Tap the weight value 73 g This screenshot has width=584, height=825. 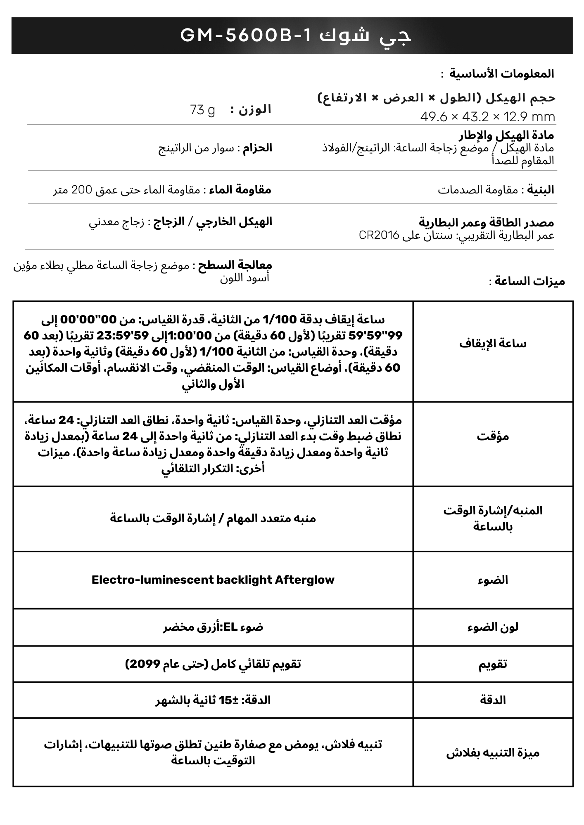coord(202,110)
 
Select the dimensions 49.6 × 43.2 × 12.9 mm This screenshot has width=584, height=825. coord(488,117)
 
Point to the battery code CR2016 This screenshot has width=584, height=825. coord(379,235)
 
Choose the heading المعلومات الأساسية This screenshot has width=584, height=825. coord(501,74)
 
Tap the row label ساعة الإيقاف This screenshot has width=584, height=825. coord(493,344)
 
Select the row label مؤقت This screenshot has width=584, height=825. coord(493,436)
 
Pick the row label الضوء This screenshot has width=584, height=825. coord(493,580)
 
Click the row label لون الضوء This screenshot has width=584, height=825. coord(493,627)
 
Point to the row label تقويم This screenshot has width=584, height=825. coord(493,664)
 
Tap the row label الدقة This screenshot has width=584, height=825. coord(493,700)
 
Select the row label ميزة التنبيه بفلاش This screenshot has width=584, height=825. coord(493,753)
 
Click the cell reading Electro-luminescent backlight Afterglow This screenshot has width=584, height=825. coord(213,580)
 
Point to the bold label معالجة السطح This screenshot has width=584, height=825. coord(235,265)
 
